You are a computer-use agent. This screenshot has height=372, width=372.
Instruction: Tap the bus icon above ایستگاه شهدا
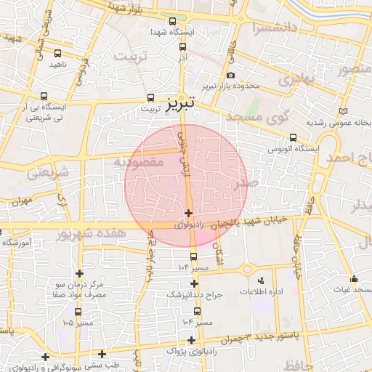[172, 22]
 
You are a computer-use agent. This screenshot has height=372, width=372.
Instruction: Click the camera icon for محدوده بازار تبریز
[230, 76]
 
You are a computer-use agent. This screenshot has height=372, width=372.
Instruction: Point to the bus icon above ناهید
[58, 53]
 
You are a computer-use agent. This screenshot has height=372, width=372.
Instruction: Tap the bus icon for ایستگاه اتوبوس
[293, 137]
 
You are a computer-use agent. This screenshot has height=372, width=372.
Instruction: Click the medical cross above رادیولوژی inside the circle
[189, 213]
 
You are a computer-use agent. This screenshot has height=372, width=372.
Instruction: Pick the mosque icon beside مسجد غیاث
[354, 279]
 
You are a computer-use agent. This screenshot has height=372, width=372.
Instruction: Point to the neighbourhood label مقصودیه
[137, 163]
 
